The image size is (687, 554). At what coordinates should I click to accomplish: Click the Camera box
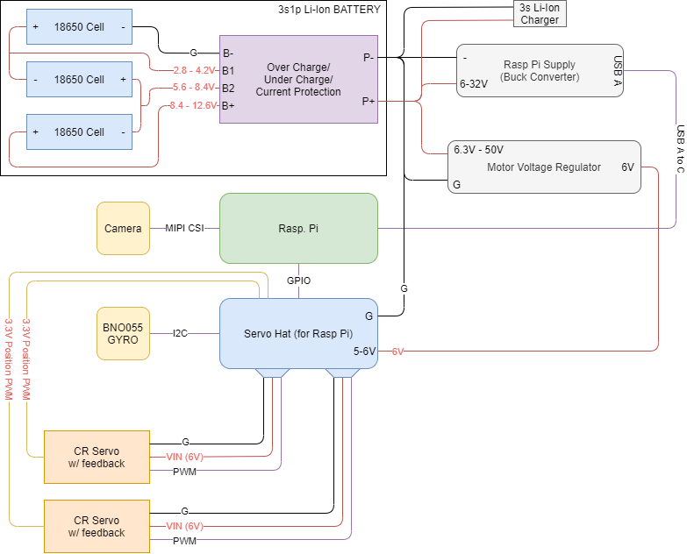tap(123, 228)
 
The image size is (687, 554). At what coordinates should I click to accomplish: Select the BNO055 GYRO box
tap(123, 333)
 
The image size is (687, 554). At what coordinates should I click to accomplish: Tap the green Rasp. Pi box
tap(298, 229)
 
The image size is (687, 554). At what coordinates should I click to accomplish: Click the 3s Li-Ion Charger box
tap(540, 13)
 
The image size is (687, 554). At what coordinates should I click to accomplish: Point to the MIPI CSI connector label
tap(184, 228)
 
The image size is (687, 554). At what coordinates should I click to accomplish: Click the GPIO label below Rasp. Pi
tap(299, 281)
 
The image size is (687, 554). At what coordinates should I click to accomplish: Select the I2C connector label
tap(180, 333)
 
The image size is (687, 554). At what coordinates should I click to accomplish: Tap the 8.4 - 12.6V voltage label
tap(193, 105)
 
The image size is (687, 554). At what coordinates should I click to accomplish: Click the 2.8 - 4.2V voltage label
tap(194, 70)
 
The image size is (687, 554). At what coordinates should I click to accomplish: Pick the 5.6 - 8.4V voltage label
tap(194, 87)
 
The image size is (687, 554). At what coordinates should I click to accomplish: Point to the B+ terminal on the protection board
tap(228, 105)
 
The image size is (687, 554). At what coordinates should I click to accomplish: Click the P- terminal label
tap(369, 57)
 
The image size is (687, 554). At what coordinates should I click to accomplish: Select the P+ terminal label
tap(368, 101)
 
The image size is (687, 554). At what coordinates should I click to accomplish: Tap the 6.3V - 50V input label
tap(478, 150)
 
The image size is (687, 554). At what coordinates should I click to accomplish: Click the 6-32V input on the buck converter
tap(474, 83)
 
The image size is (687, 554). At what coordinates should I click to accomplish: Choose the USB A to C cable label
tap(681, 149)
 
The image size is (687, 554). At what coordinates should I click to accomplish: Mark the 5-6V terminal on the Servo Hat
tap(364, 351)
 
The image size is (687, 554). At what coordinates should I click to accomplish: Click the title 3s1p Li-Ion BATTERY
tap(330, 9)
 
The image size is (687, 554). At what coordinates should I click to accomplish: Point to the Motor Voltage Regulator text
tap(544, 167)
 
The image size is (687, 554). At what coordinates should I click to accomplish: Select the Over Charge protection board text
tap(298, 79)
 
